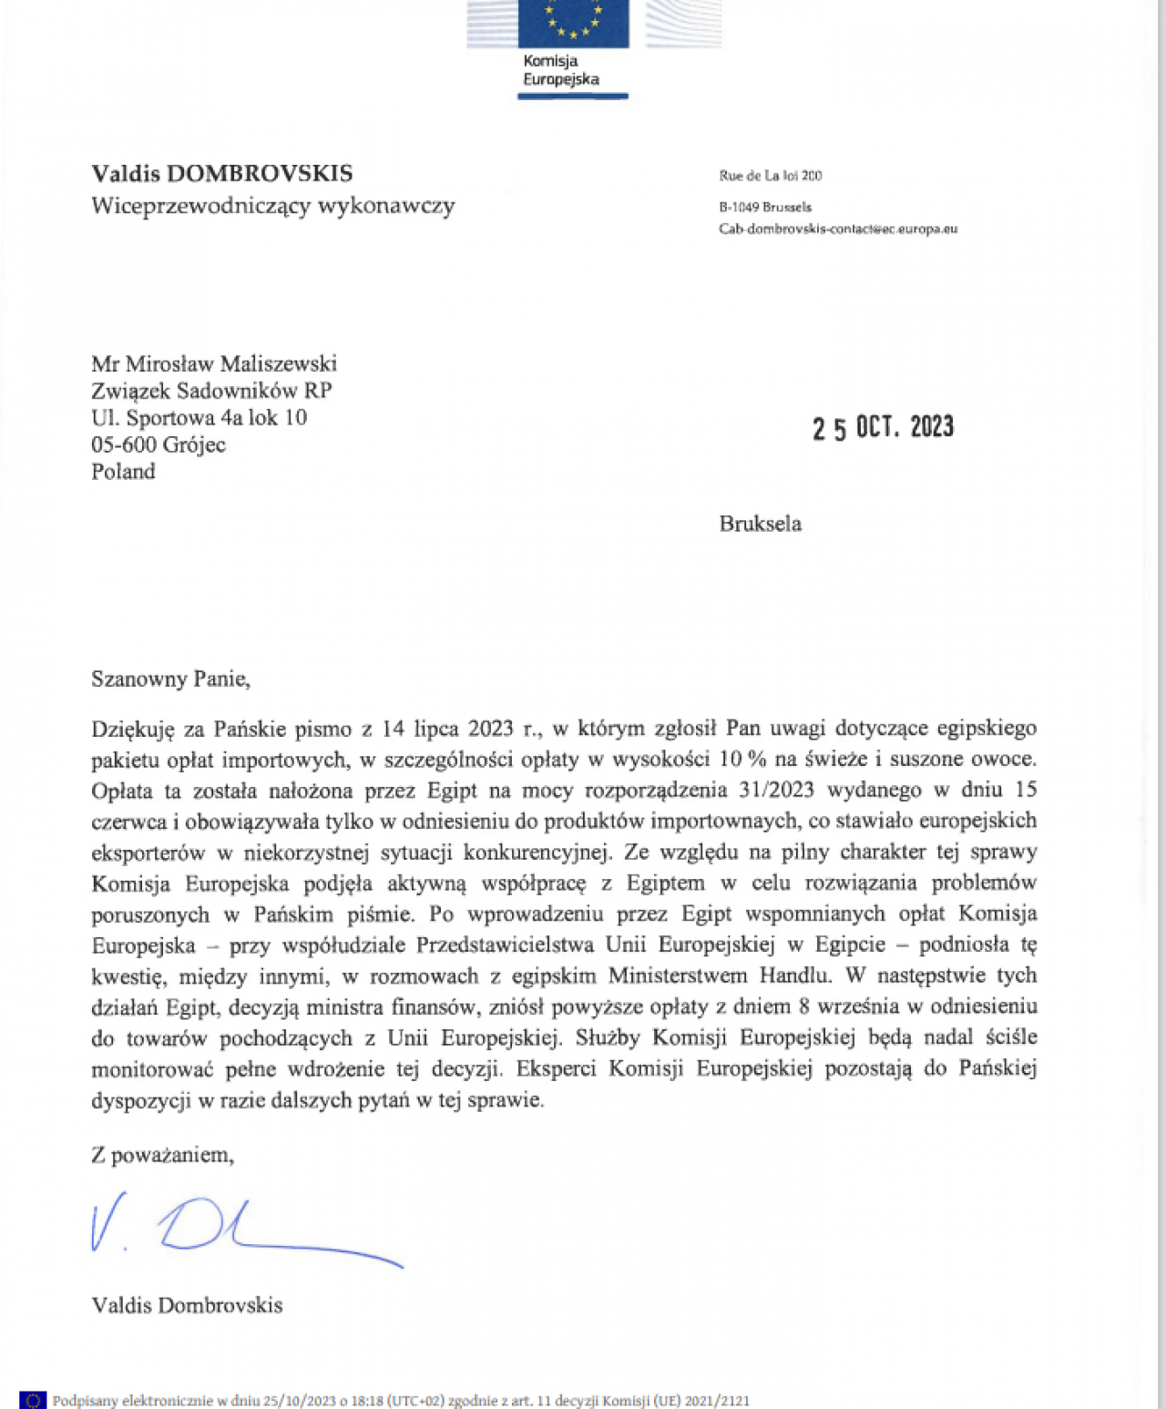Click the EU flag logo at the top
pos(573,24)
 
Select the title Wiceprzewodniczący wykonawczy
pos(273,206)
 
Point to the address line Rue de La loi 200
pos(771,176)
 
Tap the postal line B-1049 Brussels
pos(765,207)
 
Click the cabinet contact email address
pos(838,229)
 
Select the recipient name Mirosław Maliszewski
pos(231,363)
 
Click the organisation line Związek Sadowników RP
pos(211,391)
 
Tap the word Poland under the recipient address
pos(123,471)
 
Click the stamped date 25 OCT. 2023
pos(883,427)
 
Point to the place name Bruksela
pos(761,524)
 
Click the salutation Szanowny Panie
pos(170,679)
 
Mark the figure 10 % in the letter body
pos(743,759)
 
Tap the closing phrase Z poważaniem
pos(162,1155)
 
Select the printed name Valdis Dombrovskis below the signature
pos(187,1305)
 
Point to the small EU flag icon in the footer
pos(33,1400)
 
